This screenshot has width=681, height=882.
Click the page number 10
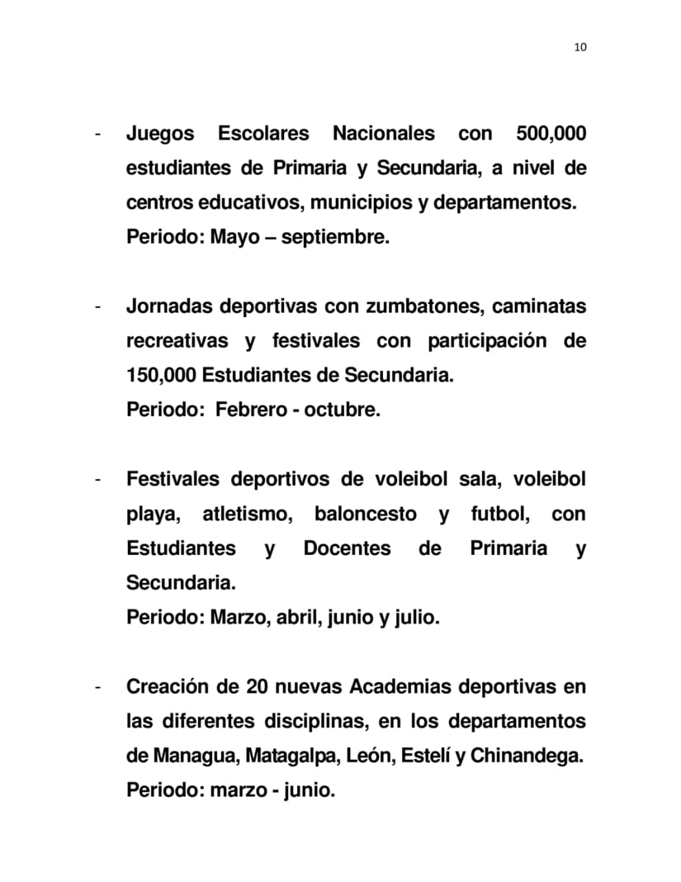[x=579, y=47]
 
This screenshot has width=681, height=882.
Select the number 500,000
[x=551, y=134]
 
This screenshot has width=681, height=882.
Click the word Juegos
[x=160, y=134]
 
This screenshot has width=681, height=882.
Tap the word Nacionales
[x=383, y=134]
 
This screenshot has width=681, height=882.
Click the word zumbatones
[x=419, y=306]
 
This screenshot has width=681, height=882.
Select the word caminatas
[x=539, y=306]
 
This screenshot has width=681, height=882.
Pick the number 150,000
[x=161, y=376]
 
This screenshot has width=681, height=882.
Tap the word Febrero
[x=249, y=410]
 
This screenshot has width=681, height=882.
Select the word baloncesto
[x=365, y=514]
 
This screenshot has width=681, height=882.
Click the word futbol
[x=499, y=514]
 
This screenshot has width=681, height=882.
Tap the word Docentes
[x=347, y=548]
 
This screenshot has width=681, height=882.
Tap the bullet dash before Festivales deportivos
[x=98, y=480]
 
